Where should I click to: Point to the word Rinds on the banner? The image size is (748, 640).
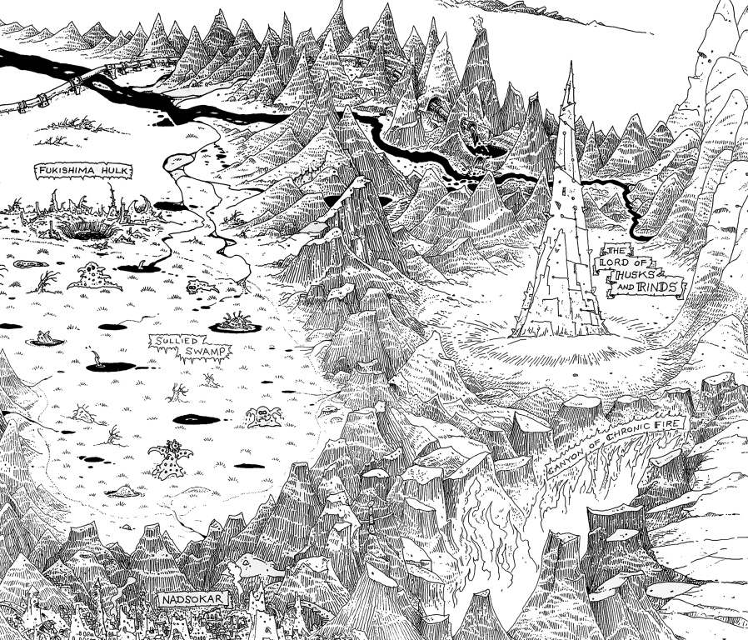(x=657, y=288)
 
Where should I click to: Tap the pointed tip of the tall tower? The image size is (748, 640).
(x=571, y=65)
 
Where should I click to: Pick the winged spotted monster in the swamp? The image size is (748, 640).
(x=169, y=458)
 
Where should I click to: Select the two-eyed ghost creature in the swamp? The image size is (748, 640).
(x=265, y=415)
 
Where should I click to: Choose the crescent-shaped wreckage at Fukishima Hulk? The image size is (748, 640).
(x=147, y=203)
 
